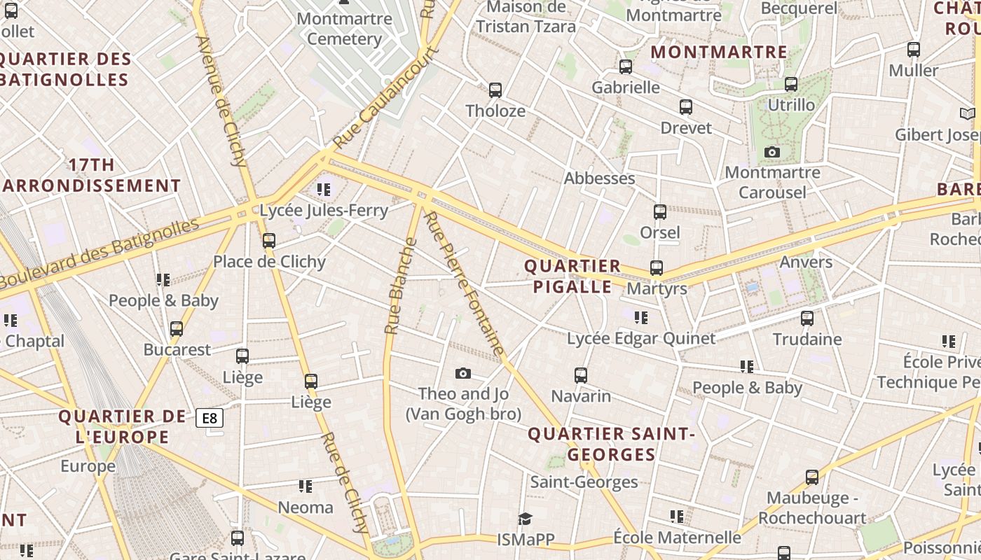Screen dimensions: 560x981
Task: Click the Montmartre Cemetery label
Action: [x=344, y=28]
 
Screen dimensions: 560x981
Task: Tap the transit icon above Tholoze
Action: [x=495, y=90]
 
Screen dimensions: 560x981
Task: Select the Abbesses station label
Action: [x=600, y=178]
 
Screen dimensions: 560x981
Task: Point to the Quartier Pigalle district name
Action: [x=572, y=276]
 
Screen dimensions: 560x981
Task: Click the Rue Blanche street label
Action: [x=402, y=286]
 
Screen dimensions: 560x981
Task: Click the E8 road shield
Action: [x=210, y=419]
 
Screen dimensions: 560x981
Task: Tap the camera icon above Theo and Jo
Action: [x=462, y=374]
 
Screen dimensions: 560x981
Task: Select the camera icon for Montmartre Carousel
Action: [x=772, y=152]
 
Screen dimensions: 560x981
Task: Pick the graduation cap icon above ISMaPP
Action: [x=525, y=519]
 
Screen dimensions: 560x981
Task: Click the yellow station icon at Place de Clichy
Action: [x=269, y=241]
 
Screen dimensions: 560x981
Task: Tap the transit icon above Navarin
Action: [x=581, y=375]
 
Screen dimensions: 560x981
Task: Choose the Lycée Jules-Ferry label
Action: [x=324, y=210]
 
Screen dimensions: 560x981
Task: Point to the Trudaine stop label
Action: [x=807, y=339]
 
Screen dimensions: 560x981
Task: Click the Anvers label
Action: [x=806, y=262]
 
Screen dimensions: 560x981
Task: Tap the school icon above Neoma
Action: [x=305, y=486]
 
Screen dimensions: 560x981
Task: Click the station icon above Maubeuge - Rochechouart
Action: [x=812, y=477]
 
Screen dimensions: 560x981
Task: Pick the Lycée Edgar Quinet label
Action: [x=641, y=339]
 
